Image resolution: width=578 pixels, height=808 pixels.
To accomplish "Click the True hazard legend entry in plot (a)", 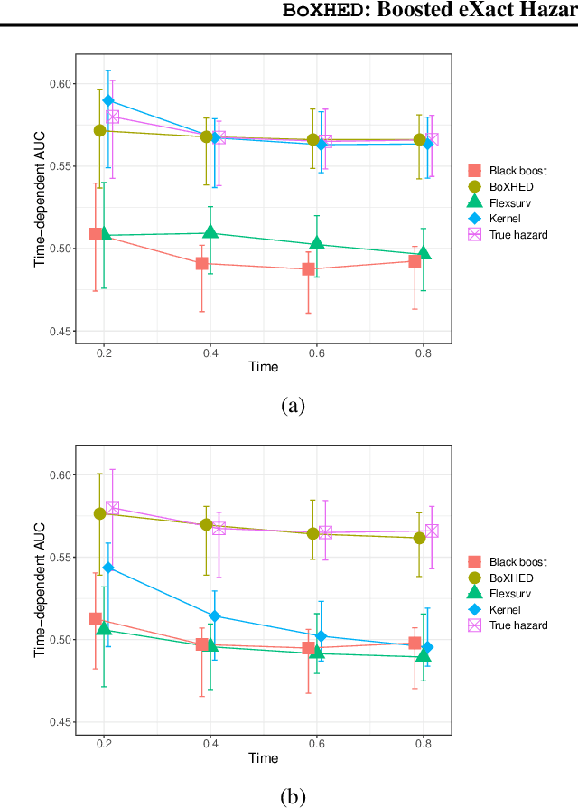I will coord(517,234).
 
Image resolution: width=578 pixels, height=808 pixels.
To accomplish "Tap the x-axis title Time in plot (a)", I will coord(264,367).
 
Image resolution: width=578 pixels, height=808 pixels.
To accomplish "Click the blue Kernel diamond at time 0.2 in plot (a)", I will coord(108,100).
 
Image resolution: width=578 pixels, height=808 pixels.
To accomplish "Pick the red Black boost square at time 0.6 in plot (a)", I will coord(308,269).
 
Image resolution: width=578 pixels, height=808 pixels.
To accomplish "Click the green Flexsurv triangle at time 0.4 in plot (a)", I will coord(210,232).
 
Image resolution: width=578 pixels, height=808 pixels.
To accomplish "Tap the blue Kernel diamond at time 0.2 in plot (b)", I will coord(108,568).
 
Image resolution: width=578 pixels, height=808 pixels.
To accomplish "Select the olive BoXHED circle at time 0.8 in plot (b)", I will coord(419,538).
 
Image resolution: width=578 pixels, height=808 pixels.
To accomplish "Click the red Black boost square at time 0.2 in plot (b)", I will coord(96,619).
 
